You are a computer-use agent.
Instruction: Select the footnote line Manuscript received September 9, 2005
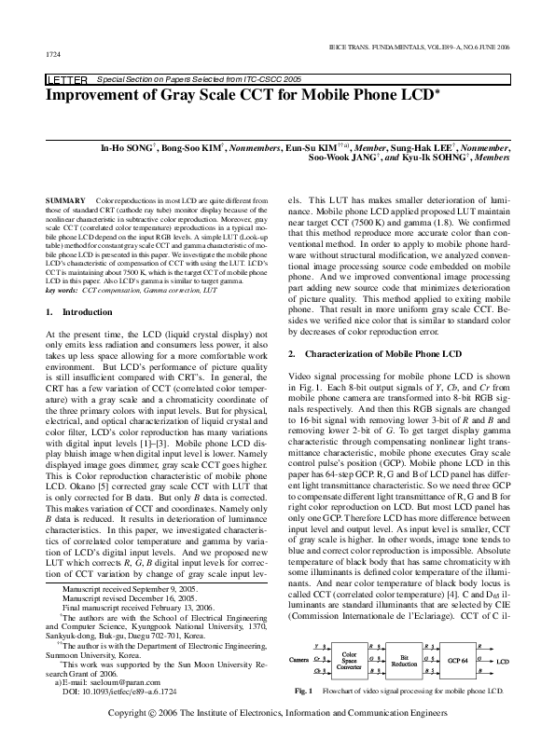tap(120, 564)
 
